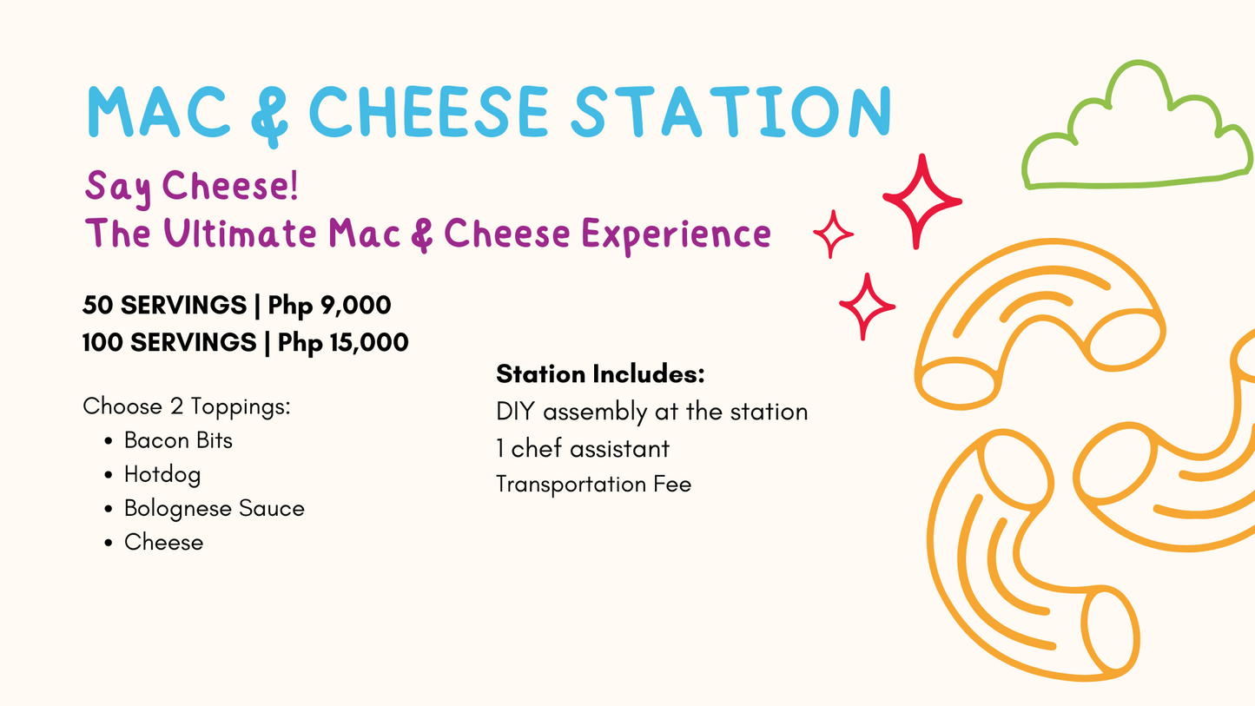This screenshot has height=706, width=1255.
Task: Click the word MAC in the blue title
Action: (x=159, y=111)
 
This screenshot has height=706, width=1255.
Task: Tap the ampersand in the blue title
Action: (x=269, y=115)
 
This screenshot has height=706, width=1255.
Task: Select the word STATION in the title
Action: (x=730, y=111)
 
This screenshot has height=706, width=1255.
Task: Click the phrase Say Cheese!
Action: (x=191, y=188)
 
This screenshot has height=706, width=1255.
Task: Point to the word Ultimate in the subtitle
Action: (x=241, y=233)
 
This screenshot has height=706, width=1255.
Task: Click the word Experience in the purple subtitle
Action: (x=677, y=235)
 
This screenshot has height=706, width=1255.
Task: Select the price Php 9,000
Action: (x=329, y=306)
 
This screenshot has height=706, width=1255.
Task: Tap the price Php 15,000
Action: (x=343, y=343)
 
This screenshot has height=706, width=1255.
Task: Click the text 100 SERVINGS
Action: (x=169, y=342)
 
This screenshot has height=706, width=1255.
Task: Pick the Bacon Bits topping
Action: (x=178, y=440)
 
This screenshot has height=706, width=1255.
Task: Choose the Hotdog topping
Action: (x=162, y=475)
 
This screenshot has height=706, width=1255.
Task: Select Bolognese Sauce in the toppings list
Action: (x=215, y=509)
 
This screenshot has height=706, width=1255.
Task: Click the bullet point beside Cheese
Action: (x=109, y=543)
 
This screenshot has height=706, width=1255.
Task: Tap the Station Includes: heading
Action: (x=601, y=373)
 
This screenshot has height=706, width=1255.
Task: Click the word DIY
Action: (x=516, y=412)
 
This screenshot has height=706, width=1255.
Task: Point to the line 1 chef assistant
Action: (x=583, y=448)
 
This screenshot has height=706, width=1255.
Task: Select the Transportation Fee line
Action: (x=594, y=484)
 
